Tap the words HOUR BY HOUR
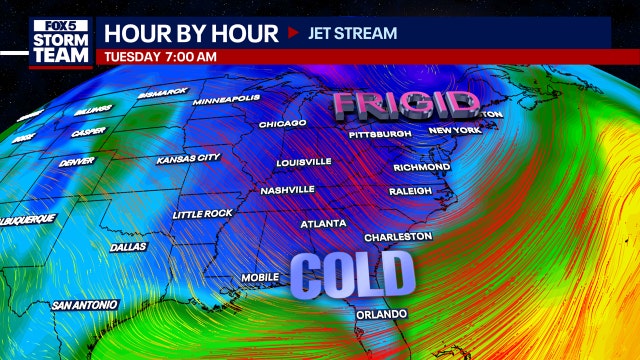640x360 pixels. pyautogui.click(x=187, y=32)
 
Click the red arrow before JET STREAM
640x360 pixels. pyautogui.click(x=293, y=33)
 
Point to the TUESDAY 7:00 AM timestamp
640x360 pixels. pyautogui.click(x=160, y=56)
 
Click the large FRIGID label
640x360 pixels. pyautogui.click(x=405, y=104)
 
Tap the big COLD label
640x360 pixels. pyautogui.click(x=353, y=273)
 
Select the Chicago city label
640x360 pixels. pyautogui.click(x=282, y=124)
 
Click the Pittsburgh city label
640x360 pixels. pyautogui.click(x=380, y=134)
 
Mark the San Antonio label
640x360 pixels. pyautogui.click(x=85, y=303)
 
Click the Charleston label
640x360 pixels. pyautogui.click(x=398, y=237)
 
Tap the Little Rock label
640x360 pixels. pyautogui.click(x=201, y=214)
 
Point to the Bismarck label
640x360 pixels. pyautogui.click(x=163, y=92)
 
